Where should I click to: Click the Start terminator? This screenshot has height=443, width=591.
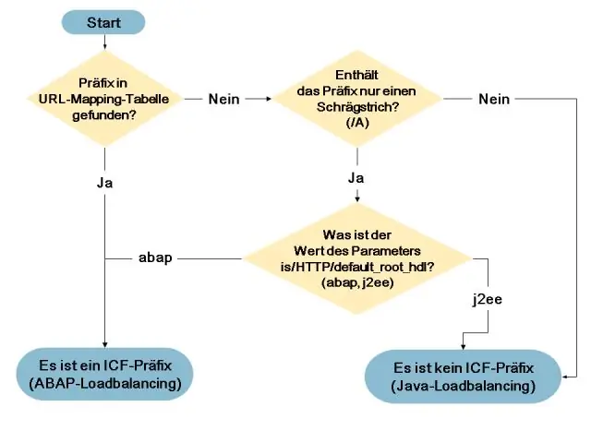(103, 22)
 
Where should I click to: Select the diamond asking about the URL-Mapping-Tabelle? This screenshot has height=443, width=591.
(104, 99)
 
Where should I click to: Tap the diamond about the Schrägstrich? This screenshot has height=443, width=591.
(357, 99)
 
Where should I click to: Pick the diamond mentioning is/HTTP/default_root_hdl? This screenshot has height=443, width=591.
(357, 258)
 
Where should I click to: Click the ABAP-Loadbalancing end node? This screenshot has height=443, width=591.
(104, 374)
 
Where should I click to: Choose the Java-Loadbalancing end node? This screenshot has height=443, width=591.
(463, 377)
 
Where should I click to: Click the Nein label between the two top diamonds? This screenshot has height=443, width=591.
(223, 99)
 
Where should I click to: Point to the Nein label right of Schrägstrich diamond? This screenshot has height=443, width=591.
(494, 99)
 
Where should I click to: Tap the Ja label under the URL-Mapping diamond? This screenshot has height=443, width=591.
(104, 183)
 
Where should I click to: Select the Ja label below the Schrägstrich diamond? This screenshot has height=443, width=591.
(356, 178)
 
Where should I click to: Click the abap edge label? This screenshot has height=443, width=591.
(155, 258)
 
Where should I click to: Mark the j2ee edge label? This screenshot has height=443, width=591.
(488, 299)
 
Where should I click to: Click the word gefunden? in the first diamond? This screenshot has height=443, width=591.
(104, 114)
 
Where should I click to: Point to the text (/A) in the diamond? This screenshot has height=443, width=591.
(357, 123)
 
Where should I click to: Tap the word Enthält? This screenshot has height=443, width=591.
(356, 75)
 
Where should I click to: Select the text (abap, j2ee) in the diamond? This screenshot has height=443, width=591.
(357, 282)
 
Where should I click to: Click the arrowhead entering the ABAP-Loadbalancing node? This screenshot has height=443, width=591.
(104, 344)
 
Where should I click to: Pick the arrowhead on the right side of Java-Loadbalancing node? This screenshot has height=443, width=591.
(564, 377)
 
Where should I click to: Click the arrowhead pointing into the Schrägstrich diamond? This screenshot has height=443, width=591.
(269, 99)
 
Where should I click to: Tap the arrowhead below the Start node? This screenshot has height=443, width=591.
(104, 46)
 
